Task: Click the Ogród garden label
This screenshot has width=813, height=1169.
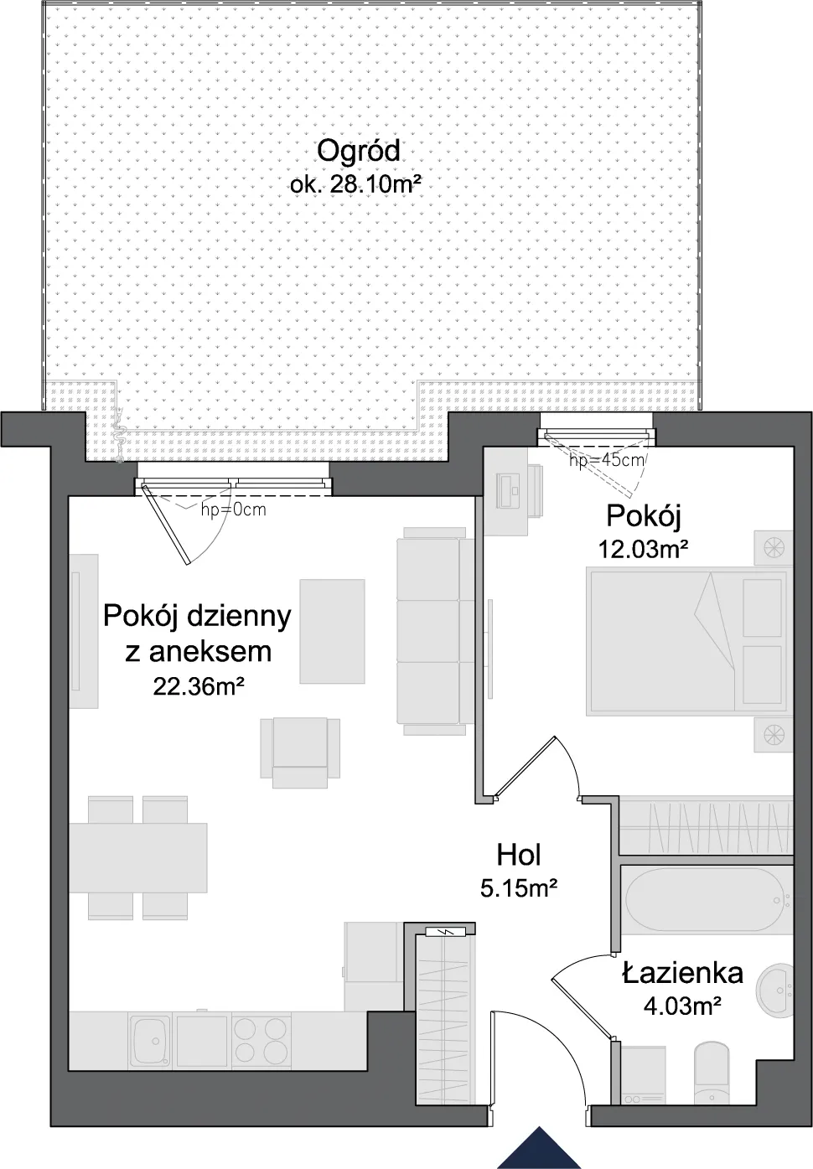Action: pos(359,151)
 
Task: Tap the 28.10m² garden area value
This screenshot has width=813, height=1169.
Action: pos(375,185)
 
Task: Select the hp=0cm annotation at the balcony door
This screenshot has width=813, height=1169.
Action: pos(233,509)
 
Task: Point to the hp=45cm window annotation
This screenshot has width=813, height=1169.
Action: pos(607,460)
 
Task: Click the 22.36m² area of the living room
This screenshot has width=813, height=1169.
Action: pos(199,687)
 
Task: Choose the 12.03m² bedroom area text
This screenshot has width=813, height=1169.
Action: pos(644,549)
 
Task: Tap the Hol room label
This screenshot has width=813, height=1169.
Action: pos(518,856)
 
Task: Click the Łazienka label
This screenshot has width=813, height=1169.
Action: pos(682,974)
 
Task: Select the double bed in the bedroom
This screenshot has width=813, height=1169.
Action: pos(686,643)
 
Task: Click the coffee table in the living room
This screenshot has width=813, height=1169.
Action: pos(332,631)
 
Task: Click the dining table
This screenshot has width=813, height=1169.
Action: pos(137,857)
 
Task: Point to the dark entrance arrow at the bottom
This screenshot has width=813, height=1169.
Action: pos(539,1147)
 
